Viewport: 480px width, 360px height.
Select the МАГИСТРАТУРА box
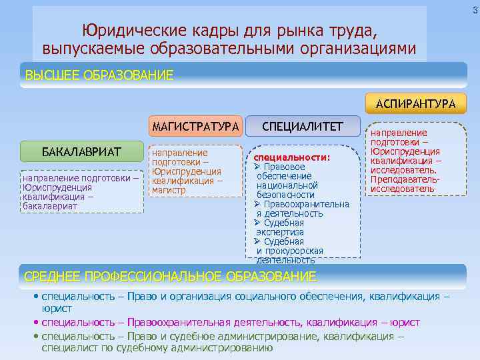[x=195, y=127]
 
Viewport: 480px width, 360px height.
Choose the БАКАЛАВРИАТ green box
[x=82, y=152]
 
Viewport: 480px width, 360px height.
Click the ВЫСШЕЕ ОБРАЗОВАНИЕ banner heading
[x=99, y=75]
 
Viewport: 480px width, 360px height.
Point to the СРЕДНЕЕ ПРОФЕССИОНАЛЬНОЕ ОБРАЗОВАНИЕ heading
[x=170, y=276]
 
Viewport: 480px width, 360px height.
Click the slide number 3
[x=475, y=9]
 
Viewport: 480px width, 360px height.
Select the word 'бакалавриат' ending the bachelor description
[x=49, y=206]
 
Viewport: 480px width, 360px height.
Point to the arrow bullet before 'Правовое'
[x=257, y=167]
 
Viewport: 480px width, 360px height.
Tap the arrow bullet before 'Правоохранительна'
[x=257, y=204]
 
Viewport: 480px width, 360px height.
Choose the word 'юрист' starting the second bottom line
[x=57, y=309]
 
